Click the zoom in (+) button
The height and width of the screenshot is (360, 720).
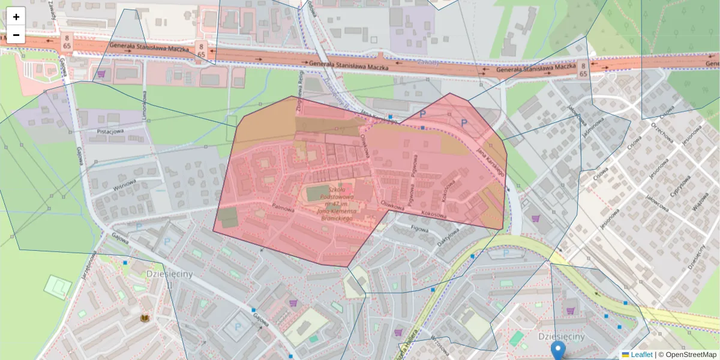(x=16, y=16)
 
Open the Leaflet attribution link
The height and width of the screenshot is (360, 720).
(x=641, y=355)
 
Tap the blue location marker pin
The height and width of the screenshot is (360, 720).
(x=559, y=350)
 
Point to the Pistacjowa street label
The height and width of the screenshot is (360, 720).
(x=110, y=131)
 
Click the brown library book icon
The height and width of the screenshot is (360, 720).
(x=145, y=318)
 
